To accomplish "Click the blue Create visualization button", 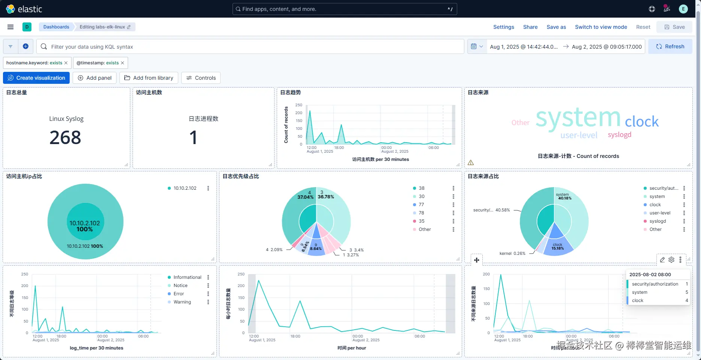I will click(x=36, y=78).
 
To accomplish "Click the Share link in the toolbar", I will click(x=530, y=27).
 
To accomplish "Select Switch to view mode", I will click(x=601, y=27).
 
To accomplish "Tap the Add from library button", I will click(x=149, y=78).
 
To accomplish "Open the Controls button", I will click(x=201, y=78).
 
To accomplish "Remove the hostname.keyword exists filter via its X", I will click(x=66, y=63).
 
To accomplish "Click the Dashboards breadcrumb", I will click(x=56, y=27).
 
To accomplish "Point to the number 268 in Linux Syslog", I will click(x=65, y=137).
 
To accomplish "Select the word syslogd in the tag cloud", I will click(x=619, y=135).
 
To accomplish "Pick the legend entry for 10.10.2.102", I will click(x=185, y=188).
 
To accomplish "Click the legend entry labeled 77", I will click(x=421, y=205).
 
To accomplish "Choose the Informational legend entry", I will click(x=187, y=277).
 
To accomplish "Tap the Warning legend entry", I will click(x=182, y=302).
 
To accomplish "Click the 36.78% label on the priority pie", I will click(x=326, y=197).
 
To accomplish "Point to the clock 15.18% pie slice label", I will click(x=558, y=247).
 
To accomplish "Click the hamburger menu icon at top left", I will click(x=10, y=27).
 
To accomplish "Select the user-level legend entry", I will click(x=660, y=213).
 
